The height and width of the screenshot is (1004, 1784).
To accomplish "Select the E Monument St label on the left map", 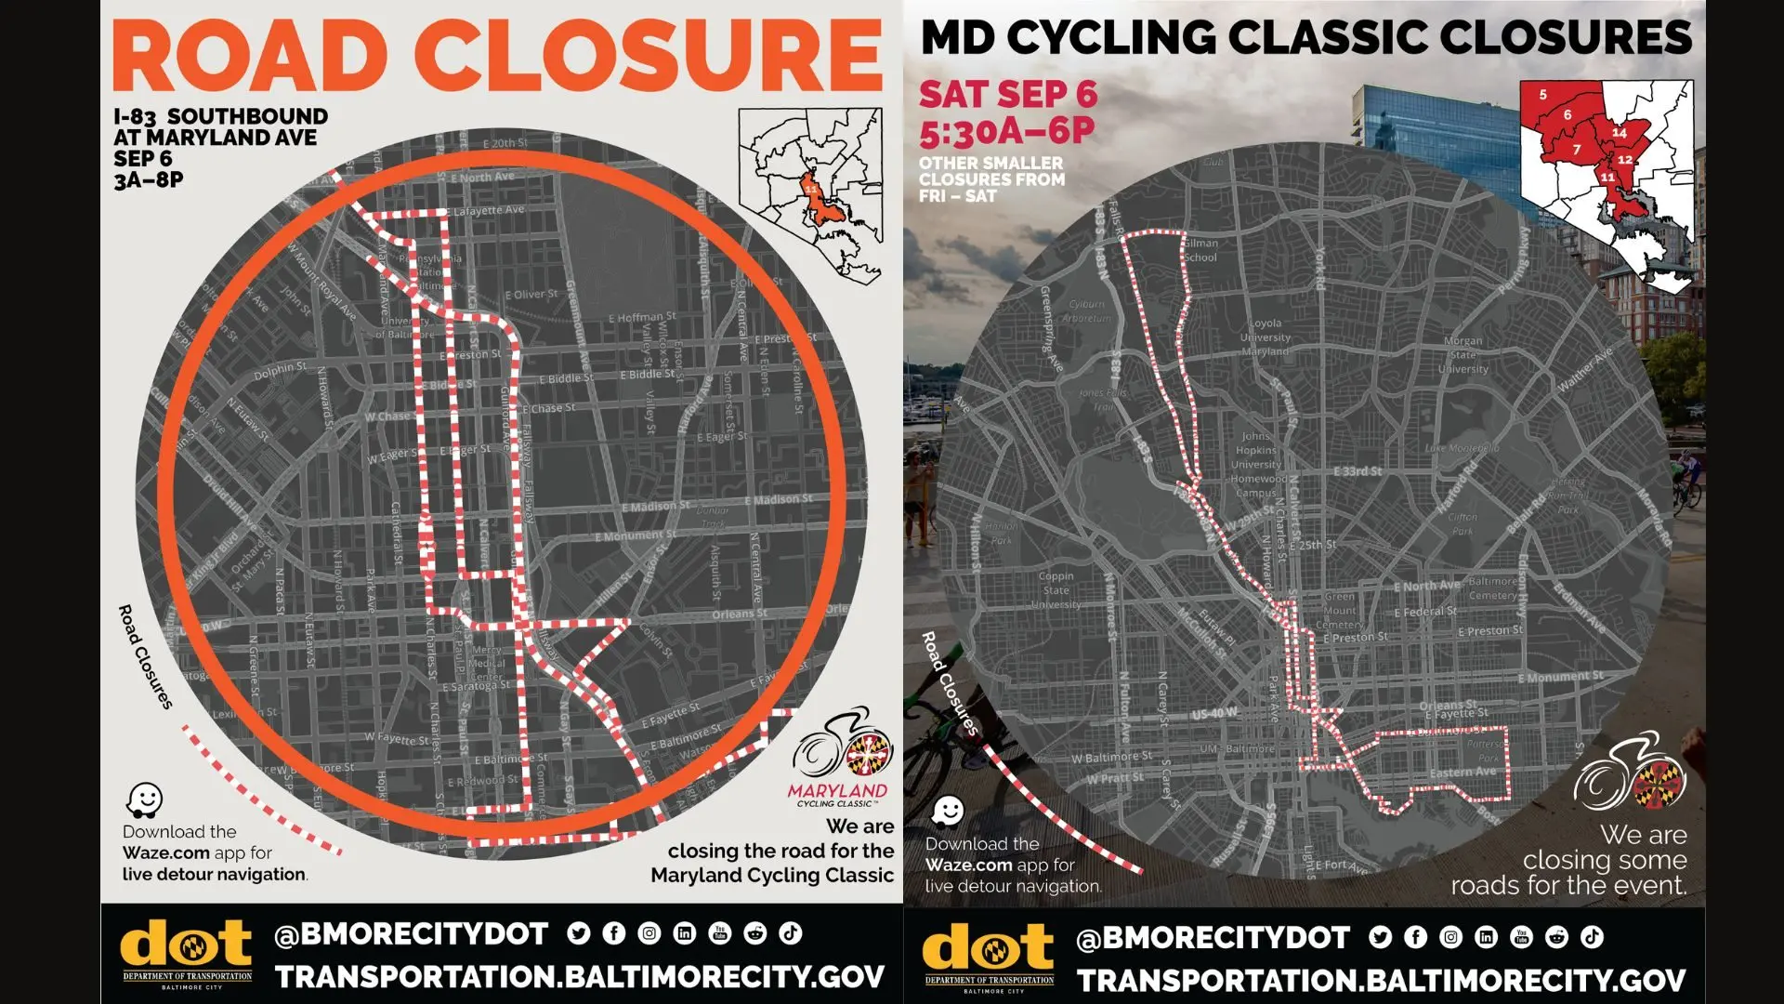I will tap(636, 536).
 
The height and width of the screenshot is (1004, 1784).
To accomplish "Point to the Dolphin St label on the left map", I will tap(279, 371).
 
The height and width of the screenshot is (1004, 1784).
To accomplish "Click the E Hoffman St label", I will tap(641, 318).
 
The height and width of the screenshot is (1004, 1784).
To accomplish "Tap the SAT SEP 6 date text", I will tap(1008, 94).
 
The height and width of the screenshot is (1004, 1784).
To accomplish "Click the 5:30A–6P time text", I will tap(1007, 132).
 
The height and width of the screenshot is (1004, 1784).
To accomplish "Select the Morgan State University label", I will tap(1463, 355).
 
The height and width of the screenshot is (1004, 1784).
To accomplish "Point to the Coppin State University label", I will tap(1056, 590).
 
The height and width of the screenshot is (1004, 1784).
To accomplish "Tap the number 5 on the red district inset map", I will tap(1543, 95).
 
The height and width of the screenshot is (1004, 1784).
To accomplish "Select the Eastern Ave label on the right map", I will tap(1463, 773).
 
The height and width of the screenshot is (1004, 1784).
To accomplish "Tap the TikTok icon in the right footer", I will tap(1592, 937).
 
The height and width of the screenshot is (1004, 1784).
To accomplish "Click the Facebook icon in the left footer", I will tap(613, 933).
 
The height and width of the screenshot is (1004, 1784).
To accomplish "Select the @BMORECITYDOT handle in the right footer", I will tap(1213, 939).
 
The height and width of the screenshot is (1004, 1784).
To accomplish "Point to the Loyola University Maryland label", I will tap(1265, 337).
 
